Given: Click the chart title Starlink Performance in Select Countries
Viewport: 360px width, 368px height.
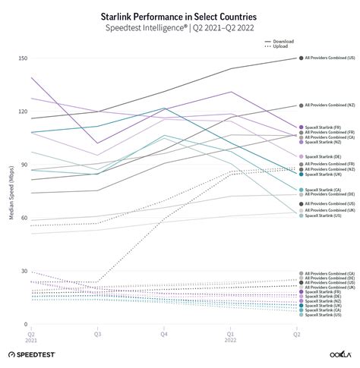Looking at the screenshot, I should click(x=179, y=14).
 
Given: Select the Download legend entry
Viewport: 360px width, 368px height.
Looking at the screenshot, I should click(x=284, y=41).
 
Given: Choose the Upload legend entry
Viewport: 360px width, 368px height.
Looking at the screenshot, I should click(x=281, y=47).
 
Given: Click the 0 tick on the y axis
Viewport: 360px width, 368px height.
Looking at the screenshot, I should click(x=25, y=324).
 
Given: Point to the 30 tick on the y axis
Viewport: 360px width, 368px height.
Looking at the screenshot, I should click(x=24, y=271).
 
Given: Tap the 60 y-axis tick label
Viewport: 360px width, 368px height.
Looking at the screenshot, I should click(x=24, y=218).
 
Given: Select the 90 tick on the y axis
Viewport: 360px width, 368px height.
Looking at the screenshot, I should click(x=24, y=165).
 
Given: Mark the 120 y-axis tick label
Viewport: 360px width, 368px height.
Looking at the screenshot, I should click(x=22, y=112).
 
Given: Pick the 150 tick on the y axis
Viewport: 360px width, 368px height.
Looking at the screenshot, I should click(x=22, y=58).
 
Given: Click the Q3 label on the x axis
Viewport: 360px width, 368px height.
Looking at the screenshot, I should click(x=97, y=333).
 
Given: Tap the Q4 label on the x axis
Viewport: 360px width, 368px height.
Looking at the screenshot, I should click(x=163, y=333).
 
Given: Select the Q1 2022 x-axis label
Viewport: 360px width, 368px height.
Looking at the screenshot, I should click(x=230, y=336).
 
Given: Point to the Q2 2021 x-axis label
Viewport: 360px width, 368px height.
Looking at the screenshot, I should click(x=31, y=336).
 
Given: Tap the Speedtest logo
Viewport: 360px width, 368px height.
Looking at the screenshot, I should click(x=35, y=354).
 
